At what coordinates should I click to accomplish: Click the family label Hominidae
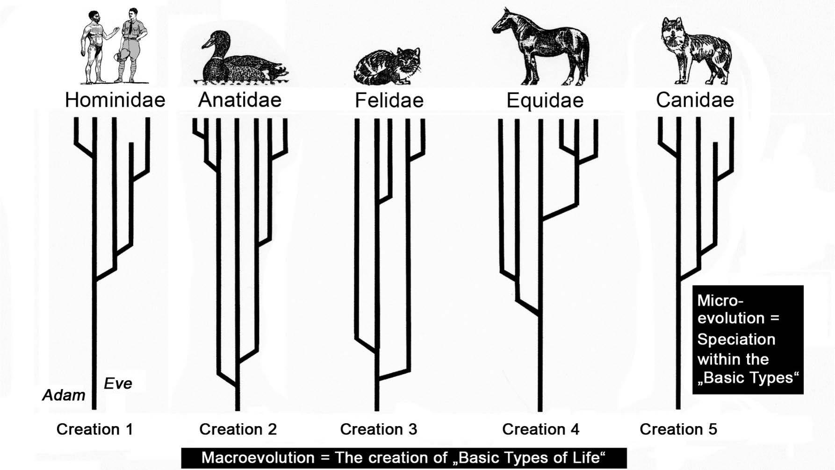pos(115,100)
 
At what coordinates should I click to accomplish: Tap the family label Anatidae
pos(239,100)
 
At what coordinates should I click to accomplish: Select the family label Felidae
pos(389,100)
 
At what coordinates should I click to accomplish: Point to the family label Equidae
pos(545,100)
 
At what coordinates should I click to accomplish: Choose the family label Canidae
pos(695,100)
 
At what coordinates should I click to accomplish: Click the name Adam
pos(64,395)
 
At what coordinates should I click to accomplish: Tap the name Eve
pos(118,384)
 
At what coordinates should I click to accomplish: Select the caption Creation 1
pos(95,429)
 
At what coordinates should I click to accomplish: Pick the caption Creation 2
pos(238,429)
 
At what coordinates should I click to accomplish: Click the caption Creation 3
pos(379,429)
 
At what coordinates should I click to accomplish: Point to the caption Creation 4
pos(541,429)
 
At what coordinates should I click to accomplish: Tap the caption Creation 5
pos(678,429)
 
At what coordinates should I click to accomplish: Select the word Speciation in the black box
pos(736,339)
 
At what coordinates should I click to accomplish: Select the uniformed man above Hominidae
pos(132,47)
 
